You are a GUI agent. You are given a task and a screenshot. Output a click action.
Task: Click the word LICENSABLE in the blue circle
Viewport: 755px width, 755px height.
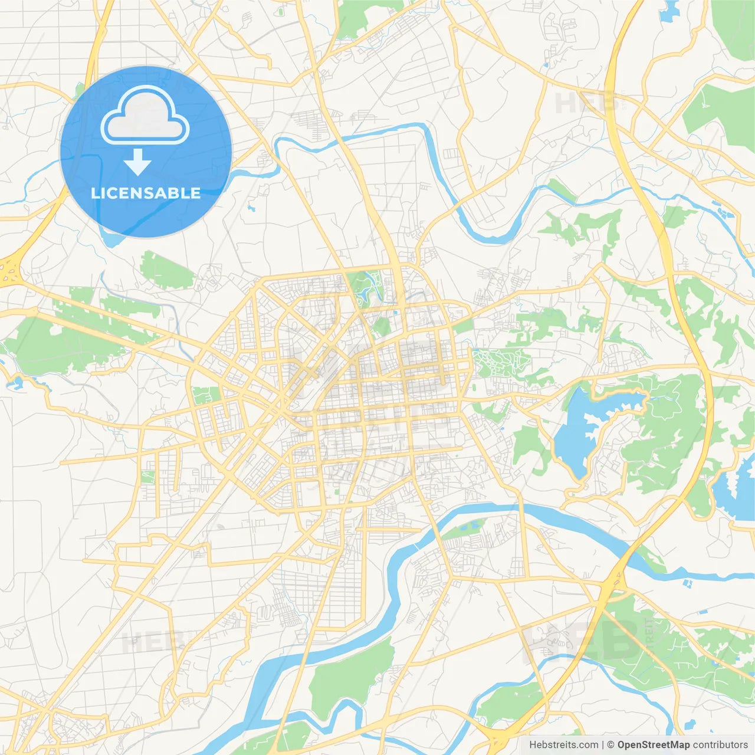(146, 193)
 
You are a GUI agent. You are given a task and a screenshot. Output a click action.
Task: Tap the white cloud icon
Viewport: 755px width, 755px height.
(145, 116)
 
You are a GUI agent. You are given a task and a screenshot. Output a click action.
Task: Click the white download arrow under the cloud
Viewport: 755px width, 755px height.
(137, 162)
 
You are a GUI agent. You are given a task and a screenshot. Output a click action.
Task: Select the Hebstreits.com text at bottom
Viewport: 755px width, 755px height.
(563, 745)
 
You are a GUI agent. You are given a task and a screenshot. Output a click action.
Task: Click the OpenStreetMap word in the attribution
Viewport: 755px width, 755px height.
(653, 745)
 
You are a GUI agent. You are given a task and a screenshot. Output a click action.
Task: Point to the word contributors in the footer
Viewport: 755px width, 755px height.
(720, 745)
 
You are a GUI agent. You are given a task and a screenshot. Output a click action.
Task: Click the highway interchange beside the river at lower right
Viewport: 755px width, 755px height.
(613, 584)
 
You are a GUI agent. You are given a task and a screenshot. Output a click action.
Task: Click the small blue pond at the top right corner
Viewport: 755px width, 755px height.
(669, 12)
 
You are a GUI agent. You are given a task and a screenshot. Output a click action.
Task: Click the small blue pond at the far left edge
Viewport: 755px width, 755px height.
(15, 383)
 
